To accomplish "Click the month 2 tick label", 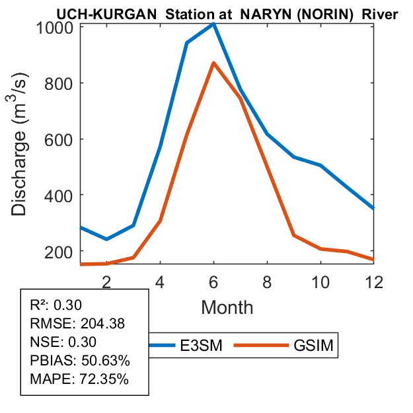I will click(x=106, y=280).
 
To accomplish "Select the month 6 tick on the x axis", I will click(x=213, y=280).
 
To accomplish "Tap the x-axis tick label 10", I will click(x=320, y=280).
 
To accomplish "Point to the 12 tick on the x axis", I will click(x=374, y=280).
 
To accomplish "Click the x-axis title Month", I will click(x=227, y=307).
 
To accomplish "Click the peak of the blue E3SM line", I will click(x=213, y=24).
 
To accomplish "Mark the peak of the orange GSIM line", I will click(x=213, y=63).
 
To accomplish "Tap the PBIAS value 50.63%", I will click(x=105, y=361).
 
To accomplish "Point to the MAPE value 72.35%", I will click(x=104, y=379).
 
